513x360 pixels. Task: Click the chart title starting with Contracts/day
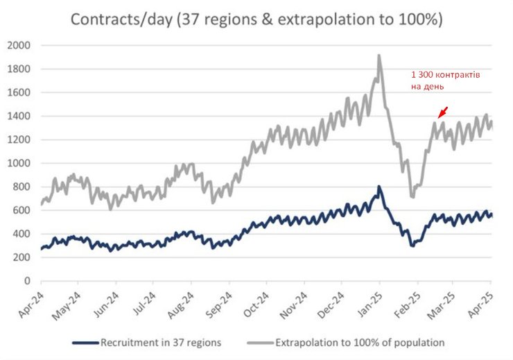[x=256, y=19]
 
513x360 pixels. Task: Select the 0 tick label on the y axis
[x=28, y=281]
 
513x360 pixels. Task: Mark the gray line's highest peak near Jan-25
[x=379, y=55]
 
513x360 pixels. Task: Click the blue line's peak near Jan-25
[x=379, y=187]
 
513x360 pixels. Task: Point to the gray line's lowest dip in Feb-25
[x=412, y=197]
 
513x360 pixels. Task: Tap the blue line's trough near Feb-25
[x=412, y=246]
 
